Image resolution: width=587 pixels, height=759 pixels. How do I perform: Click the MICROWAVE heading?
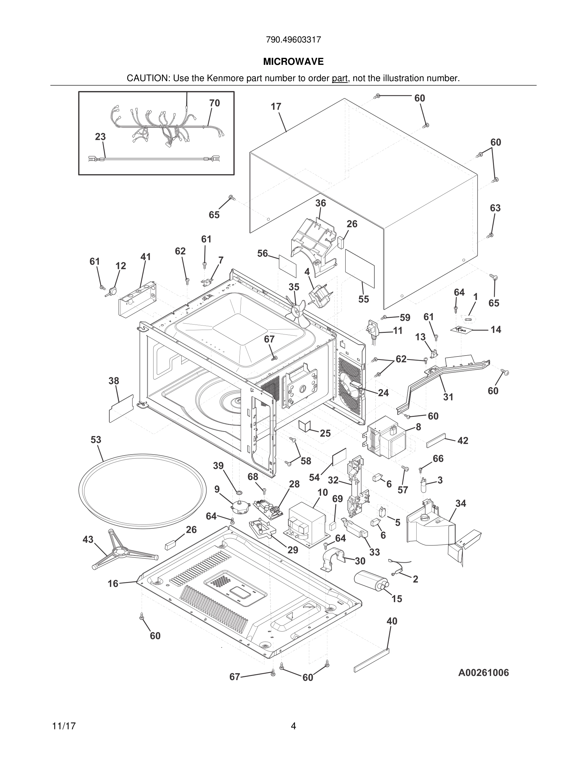tap(293, 62)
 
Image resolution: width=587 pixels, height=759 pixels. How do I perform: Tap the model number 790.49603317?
tap(293, 40)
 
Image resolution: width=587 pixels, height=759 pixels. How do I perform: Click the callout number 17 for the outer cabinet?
tap(276, 107)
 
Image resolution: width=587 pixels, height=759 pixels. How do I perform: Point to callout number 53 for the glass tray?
tap(96, 440)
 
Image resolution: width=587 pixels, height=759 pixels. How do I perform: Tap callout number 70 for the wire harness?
tap(215, 103)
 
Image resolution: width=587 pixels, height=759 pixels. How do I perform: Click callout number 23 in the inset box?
tap(100, 137)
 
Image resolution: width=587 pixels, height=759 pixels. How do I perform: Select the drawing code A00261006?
tap(483, 672)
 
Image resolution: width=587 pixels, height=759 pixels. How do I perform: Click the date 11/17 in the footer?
tap(64, 726)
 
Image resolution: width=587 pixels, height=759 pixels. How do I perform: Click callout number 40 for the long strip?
tap(392, 621)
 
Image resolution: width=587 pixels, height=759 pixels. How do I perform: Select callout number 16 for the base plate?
tap(113, 584)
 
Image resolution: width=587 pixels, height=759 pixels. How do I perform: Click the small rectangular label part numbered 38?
tap(121, 409)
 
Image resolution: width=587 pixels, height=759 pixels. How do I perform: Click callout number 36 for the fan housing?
tap(320, 203)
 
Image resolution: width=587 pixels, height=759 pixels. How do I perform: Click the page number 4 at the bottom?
tap(293, 726)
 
